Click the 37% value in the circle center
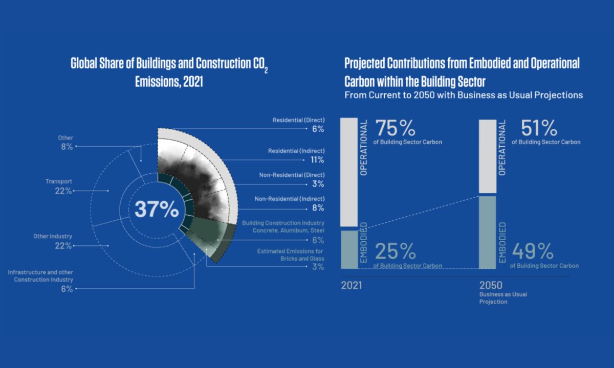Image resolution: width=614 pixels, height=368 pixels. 157,210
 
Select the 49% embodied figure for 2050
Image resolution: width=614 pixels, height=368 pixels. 532,251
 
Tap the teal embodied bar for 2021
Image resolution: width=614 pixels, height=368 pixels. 349,249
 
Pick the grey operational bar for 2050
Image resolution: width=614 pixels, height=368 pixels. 487,156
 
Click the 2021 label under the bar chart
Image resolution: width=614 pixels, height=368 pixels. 352,285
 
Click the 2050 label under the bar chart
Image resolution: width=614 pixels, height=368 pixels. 491,285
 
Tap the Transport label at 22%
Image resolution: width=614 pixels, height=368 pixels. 59,181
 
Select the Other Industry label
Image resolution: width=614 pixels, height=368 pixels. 53,237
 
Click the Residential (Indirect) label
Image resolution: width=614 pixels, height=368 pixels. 296,151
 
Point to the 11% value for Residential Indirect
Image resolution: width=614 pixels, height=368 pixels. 317,160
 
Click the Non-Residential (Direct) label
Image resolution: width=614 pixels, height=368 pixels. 292,175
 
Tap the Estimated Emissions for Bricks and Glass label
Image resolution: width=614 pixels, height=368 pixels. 290,255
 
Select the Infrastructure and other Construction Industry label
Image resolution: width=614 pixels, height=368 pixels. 40,276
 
